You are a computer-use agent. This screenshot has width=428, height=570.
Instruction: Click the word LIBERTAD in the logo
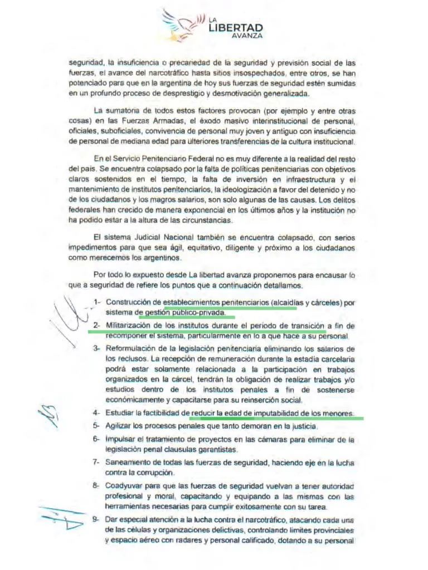tap(236, 28)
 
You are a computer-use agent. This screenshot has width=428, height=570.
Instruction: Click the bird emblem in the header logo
tap(182, 25)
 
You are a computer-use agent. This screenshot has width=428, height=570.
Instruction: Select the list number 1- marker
tap(97, 302)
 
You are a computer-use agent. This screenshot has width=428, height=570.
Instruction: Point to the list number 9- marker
tap(96, 520)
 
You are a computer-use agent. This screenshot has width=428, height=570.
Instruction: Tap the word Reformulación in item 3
tap(130, 348)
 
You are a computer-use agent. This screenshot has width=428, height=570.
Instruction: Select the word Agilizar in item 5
tap(119, 426)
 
